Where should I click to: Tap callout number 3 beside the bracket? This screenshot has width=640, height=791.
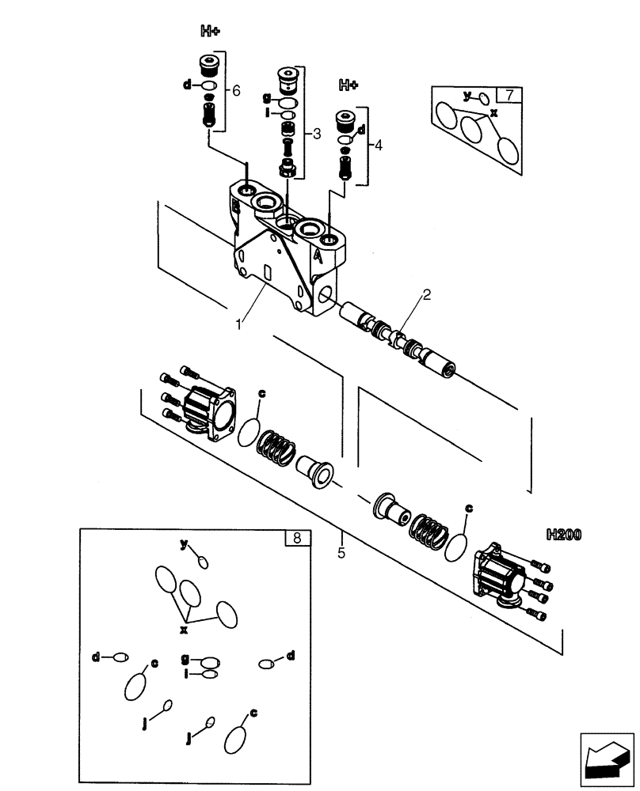tap(316, 134)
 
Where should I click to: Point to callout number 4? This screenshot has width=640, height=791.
tap(378, 146)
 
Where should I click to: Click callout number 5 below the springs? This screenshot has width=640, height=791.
tap(341, 553)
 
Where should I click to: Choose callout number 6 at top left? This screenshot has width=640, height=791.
tap(236, 91)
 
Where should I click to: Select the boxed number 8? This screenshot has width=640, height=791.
tap(296, 539)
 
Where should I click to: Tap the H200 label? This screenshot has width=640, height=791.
tap(563, 535)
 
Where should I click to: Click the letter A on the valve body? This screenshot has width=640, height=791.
tap(318, 255)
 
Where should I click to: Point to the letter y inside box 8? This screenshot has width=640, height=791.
tap(184, 544)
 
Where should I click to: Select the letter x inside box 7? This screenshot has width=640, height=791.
tap(493, 113)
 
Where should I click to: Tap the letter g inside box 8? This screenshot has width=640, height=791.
tap(185, 657)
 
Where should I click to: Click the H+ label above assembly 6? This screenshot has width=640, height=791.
tap(210, 32)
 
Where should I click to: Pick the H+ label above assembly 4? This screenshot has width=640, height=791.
tap(349, 84)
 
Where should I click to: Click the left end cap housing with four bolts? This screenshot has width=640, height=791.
tap(211, 411)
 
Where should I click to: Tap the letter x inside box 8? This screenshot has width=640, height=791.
tap(184, 629)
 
